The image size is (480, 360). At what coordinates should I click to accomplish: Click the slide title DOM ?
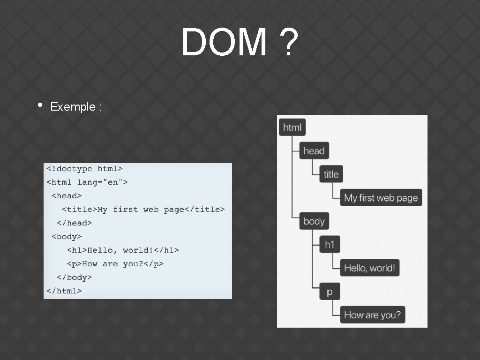pyautogui.click(x=240, y=42)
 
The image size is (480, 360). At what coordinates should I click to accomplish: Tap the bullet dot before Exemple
pyautogui.click(x=40, y=105)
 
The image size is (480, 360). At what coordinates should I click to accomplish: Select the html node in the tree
pyautogui.click(x=292, y=127)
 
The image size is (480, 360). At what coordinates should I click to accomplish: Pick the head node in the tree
pyautogui.click(x=314, y=151)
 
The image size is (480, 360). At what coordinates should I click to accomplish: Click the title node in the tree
pyautogui.click(x=331, y=174)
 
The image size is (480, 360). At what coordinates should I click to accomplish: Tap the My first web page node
pyautogui.click(x=381, y=198)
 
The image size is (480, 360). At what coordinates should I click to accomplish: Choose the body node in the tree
pyautogui.click(x=314, y=221)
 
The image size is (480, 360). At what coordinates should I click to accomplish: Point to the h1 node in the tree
pyautogui.click(x=330, y=245)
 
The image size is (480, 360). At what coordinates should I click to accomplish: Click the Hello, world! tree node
pyautogui.click(x=369, y=268)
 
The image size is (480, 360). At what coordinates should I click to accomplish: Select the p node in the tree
pyautogui.click(x=330, y=292)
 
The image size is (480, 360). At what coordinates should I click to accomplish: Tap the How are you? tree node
pyautogui.click(x=372, y=315)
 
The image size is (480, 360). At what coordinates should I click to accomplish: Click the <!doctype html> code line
pyautogui.click(x=84, y=169)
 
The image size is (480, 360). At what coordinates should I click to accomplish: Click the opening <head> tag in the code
pyautogui.click(x=67, y=196)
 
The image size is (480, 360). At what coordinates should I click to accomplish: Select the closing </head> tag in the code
pyautogui.click(x=74, y=223)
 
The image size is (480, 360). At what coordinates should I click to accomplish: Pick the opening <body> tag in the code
pyautogui.click(x=67, y=237)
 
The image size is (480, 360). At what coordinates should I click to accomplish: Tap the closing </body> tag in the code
pyautogui.click(x=74, y=277)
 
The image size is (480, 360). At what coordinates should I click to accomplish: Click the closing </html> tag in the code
pyautogui.click(x=64, y=291)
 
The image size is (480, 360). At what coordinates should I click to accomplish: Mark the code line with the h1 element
pyautogui.click(x=123, y=250)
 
